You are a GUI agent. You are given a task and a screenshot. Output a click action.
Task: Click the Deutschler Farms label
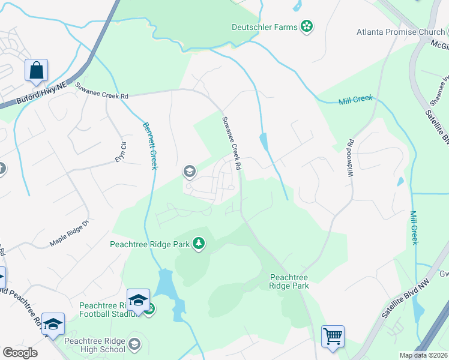pos(265,26)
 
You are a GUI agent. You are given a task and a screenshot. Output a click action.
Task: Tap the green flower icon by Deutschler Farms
pos(307,26)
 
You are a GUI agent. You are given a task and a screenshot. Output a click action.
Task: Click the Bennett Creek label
pos(149,146)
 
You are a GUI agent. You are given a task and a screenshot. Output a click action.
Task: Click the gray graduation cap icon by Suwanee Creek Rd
pos(189,172)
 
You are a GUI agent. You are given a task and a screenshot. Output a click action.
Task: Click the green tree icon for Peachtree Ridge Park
pos(199,244)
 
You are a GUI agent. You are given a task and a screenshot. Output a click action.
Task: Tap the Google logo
pos(20,352)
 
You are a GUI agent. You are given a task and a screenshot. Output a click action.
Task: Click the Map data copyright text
pos(423,355)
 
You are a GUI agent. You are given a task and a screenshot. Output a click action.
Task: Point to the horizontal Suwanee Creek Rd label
pos(101,91)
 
